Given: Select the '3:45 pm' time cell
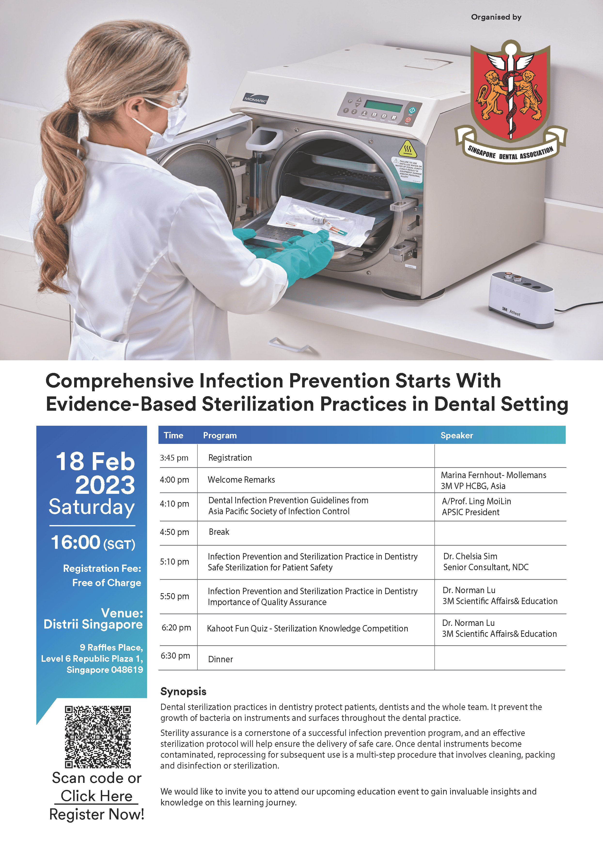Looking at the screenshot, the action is pyautogui.click(x=174, y=458).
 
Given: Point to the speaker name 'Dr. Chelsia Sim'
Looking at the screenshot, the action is pyautogui.click(x=470, y=556).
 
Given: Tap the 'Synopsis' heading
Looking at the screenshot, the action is pyautogui.click(x=183, y=692).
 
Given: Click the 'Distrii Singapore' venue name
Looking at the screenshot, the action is pyautogui.click(x=93, y=624).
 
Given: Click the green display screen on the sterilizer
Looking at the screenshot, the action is pyautogui.click(x=383, y=105).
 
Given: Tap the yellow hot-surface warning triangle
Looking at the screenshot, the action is pyautogui.click(x=408, y=149).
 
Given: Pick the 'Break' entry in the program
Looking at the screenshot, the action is pyautogui.click(x=219, y=532).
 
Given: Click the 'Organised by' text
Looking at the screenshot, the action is pyautogui.click(x=496, y=17).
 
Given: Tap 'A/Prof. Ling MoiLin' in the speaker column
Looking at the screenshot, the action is pyautogui.click(x=476, y=501).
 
